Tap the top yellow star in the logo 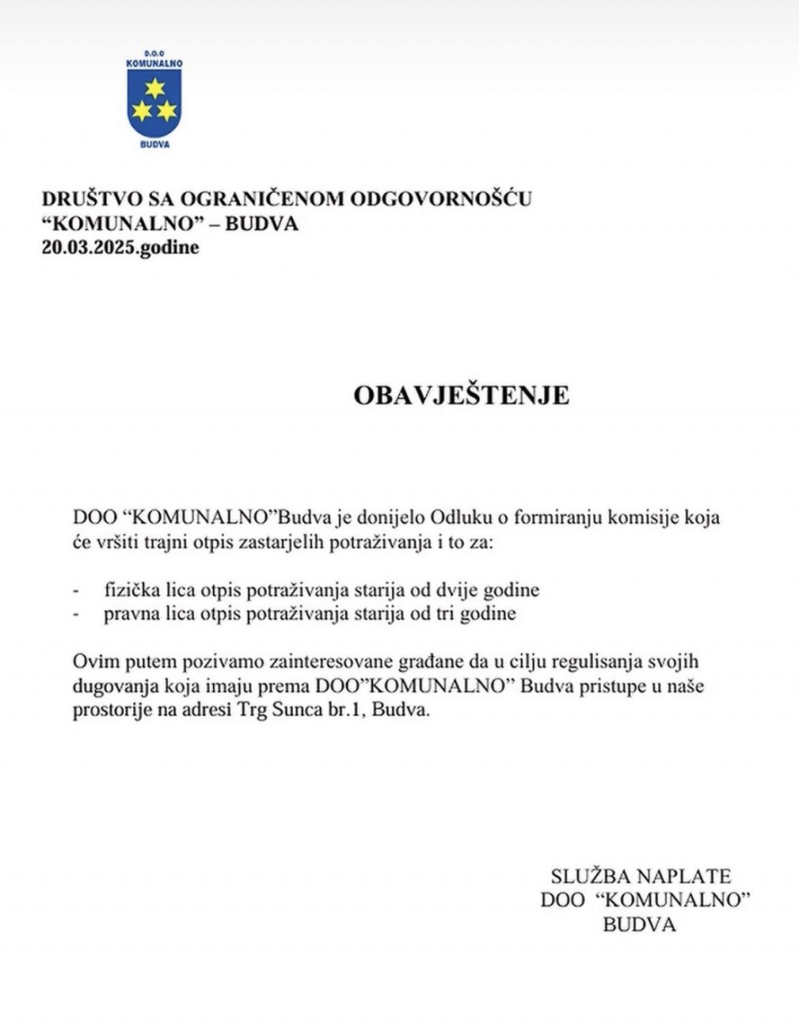tap(154, 88)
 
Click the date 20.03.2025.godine tap(121, 247)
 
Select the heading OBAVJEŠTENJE tap(461, 394)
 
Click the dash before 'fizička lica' tap(77, 590)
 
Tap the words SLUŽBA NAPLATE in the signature tap(640, 876)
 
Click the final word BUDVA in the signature tap(639, 923)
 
